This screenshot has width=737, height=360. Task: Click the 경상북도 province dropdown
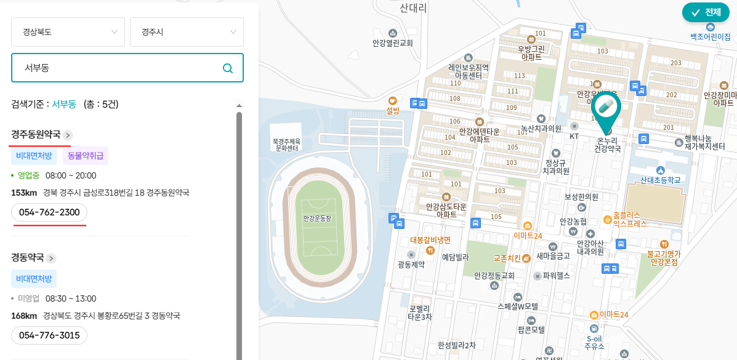point(68,32)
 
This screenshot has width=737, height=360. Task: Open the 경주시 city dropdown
point(187,32)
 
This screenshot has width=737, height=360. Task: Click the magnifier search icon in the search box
point(228,68)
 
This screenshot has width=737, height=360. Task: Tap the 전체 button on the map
point(706,12)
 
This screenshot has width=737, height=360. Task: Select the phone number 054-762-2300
point(49,212)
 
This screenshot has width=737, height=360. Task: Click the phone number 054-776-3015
point(49,335)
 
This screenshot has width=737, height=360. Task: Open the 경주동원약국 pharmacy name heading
point(36,134)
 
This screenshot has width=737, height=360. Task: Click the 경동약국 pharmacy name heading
point(28,257)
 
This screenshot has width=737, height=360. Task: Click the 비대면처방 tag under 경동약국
point(34,279)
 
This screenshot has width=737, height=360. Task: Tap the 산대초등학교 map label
point(661,180)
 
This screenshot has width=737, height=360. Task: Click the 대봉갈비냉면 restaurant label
point(430,240)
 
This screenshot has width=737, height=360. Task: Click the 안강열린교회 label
point(392,43)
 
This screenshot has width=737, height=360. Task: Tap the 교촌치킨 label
point(507,258)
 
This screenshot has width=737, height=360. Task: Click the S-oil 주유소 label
point(594,342)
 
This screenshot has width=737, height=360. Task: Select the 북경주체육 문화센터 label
point(286,144)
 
